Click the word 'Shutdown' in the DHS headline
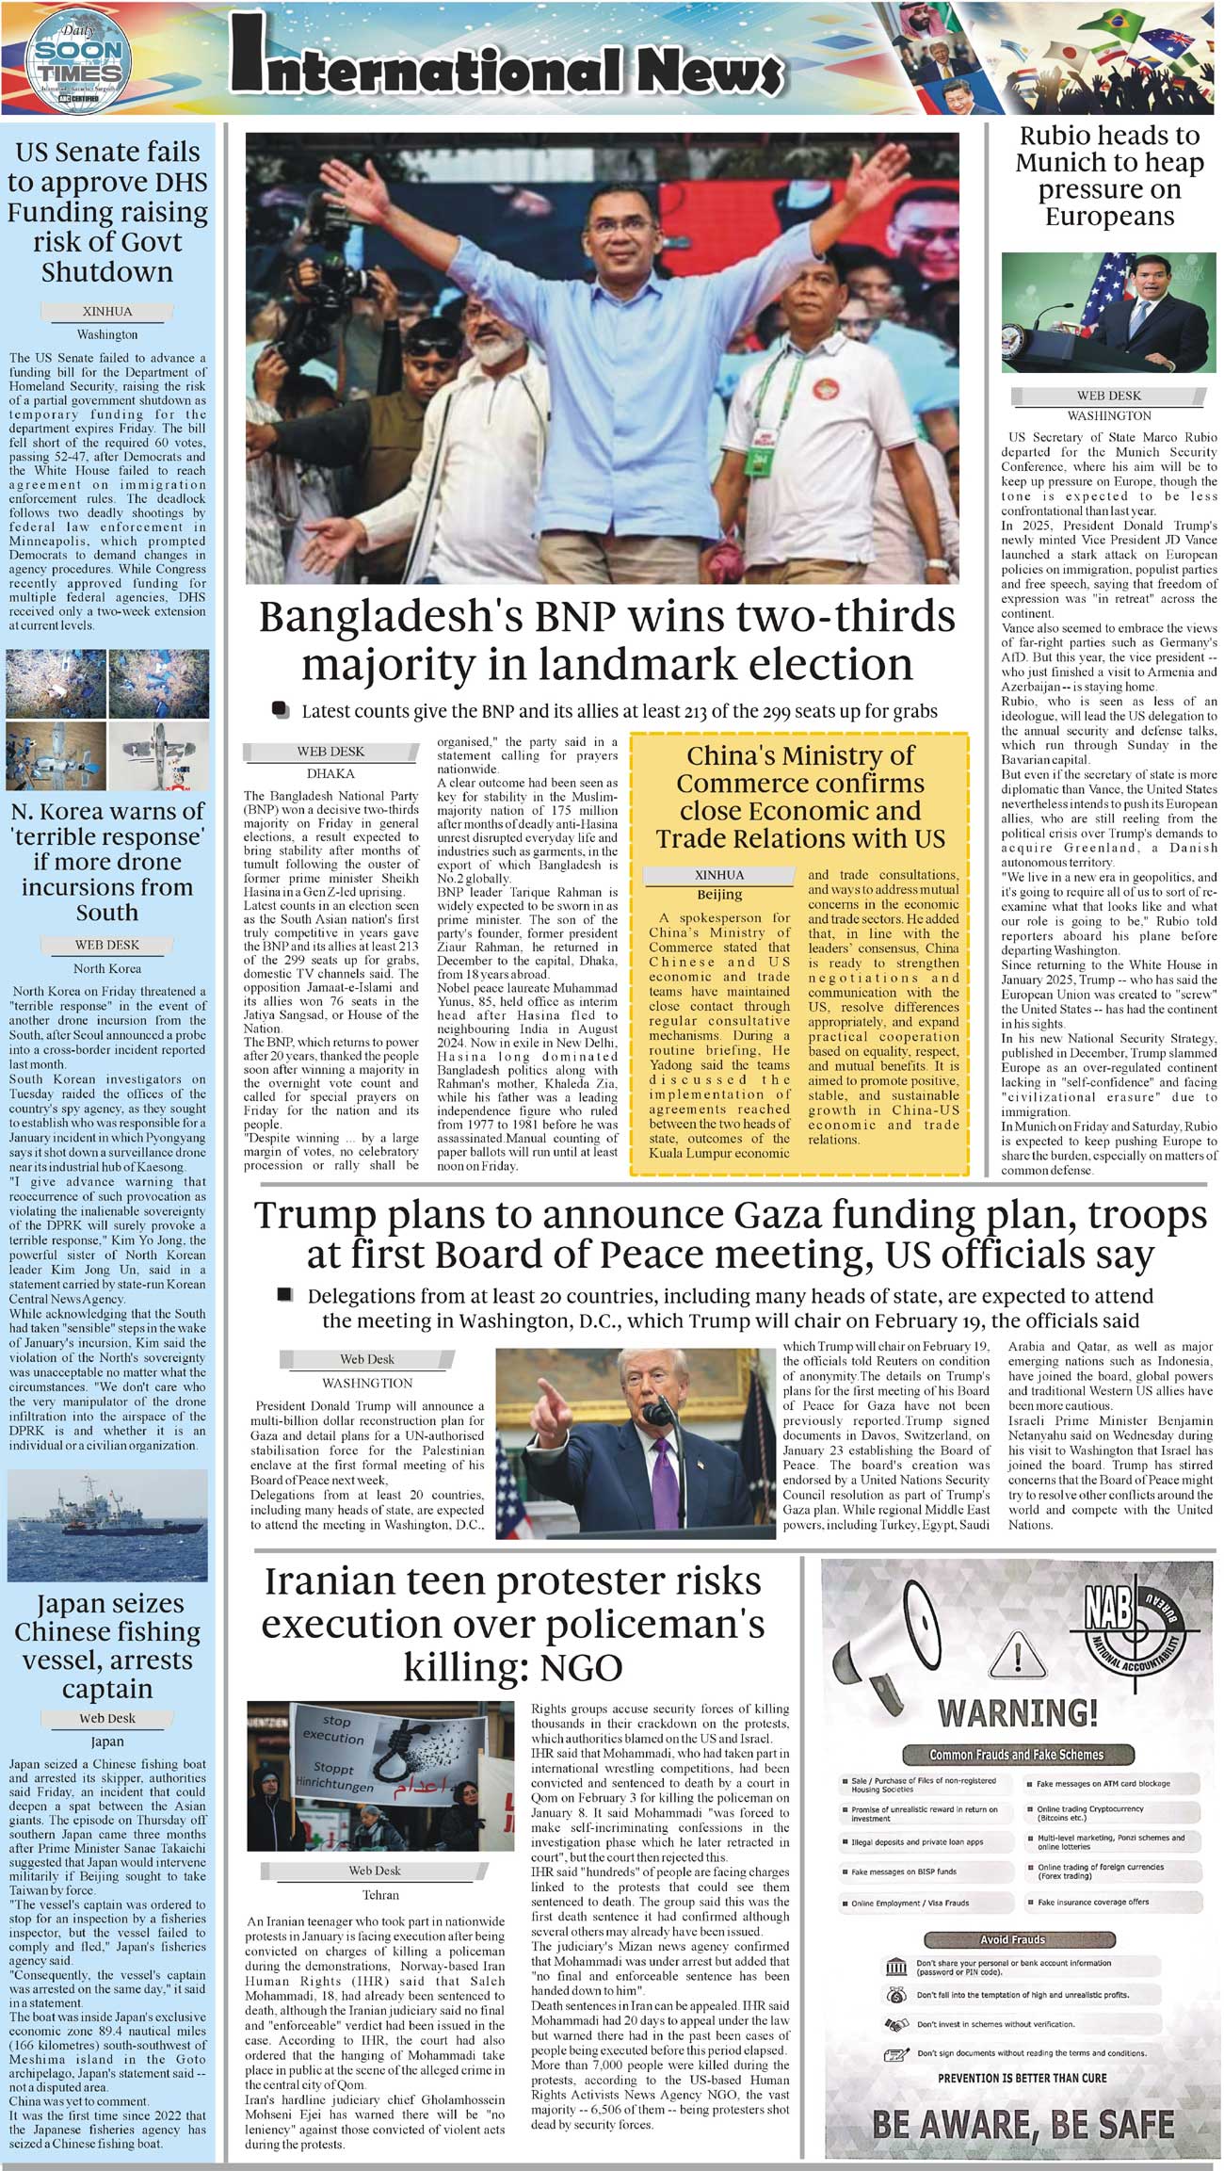(107, 272)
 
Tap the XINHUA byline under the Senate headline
(107, 312)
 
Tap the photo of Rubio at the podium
(1108, 315)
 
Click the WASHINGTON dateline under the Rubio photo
(1108, 415)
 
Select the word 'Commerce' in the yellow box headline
(800, 784)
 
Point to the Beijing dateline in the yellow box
(718, 894)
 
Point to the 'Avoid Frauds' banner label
(1013, 1939)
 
